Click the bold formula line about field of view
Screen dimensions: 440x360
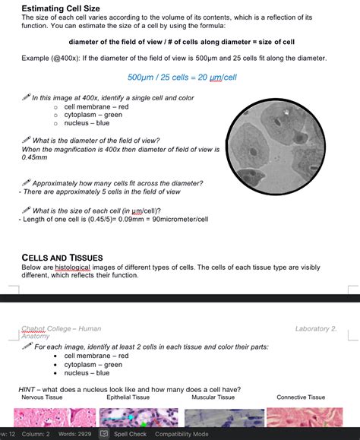[x=182, y=42]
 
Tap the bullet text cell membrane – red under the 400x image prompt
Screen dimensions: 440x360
[x=96, y=106]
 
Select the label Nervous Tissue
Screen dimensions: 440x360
[x=42, y=397]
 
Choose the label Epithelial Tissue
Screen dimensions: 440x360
[x=128, y=397]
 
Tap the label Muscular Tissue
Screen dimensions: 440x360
[x=214, y=397]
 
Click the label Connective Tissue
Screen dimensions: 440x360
[x=301, y=397]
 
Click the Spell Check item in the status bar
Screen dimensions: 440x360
[x=130, y=434]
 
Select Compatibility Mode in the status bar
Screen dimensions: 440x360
[x=182, y=434]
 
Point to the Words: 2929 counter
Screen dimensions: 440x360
[x=74, y=434]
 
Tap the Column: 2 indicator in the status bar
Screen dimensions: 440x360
[x=36, y=434]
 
